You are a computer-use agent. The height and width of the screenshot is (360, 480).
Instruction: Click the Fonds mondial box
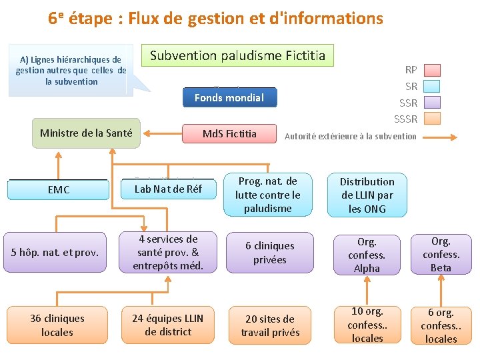click(229, 98)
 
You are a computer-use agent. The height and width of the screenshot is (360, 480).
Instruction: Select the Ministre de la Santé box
click(86, 133)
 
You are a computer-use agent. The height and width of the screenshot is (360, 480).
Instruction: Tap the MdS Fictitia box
click(229, 134)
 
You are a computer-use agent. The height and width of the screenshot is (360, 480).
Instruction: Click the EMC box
click(58, 190)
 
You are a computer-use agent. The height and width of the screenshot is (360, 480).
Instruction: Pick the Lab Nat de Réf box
click(168, 189)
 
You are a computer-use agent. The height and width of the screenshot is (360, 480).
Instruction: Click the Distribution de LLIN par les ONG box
click(367, 195)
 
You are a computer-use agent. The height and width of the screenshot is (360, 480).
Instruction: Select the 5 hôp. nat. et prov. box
click(55, 252)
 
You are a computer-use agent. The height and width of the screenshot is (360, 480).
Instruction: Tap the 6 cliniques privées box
click(269, 253)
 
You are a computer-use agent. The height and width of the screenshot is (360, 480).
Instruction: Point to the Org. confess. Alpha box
click(367, 254)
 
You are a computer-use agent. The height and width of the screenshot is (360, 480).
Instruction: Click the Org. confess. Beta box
click(441, 254)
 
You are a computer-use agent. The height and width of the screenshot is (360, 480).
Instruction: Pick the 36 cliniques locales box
click(57, 325)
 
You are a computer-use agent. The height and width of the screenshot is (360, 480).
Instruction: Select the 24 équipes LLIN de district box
click(168, 325)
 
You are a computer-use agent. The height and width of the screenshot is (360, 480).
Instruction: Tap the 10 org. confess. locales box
click(367, 325)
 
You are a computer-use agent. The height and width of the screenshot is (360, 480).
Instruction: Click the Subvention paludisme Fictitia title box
click(238, 55)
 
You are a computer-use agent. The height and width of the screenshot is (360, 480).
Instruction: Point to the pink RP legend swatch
click(433, 69)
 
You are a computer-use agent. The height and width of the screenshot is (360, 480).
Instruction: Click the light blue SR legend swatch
click(433, 86)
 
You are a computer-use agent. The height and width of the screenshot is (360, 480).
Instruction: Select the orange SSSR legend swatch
click(433, 119)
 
